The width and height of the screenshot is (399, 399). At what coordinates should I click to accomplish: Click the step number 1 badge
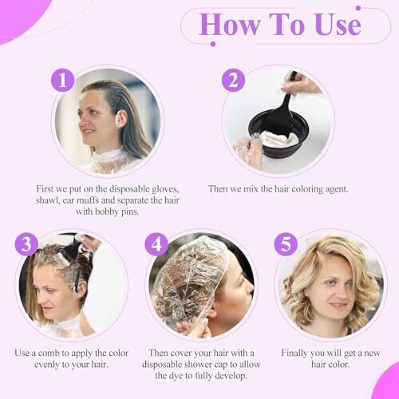pyautogui.click(x=62, y=80)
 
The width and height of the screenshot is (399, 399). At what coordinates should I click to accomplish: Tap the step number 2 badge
pyautogui.click(x=233, y=80)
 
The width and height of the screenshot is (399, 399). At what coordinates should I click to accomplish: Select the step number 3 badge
pyautogui.click(x=26, y=244)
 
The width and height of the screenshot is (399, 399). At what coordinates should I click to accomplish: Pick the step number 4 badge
pyautogui.click(x=156, y=244)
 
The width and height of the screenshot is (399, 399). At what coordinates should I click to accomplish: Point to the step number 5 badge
pyautogui.click(x=286, y=244)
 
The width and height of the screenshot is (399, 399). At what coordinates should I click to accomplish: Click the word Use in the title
pyautogui.click(x=338, y=25)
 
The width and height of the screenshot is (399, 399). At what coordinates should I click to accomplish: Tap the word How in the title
pyautogui.click(x=229, y=25)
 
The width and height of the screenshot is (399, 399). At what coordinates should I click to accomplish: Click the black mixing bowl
pyautogui.click(x=279, y=133)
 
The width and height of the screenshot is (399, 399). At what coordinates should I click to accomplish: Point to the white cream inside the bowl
pyautogui.click(x=280, y=138)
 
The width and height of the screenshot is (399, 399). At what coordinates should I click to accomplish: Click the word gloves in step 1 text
pyautogui.click(x=165, y=189)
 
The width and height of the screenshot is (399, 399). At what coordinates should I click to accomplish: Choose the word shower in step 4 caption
pyautogui.click(x=213, y=365)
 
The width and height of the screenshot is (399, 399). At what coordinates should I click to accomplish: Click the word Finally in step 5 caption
pyautogui.click(x=294, y=354)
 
